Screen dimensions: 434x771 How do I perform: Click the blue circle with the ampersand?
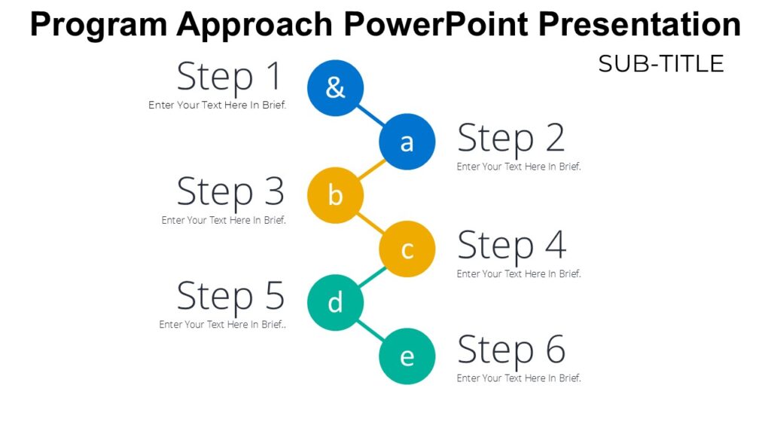pyautogui.click(x=336, y=88)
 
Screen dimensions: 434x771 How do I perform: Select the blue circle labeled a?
pyautogui.click(x=407, y=142)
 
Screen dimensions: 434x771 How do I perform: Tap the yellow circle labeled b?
pyautogui.click(x=336, y=195)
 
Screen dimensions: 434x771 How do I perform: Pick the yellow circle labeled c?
pyautogui.click(x=407, y=249)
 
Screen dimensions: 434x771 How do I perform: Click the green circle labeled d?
pyautogui.click(x=336, y=302)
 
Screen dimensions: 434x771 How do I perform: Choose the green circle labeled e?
pyautogui.click(x=407, y=356)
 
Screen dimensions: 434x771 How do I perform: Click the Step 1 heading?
pyautogui.click(x=229, y=77)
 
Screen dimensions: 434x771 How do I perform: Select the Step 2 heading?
pyautogui.click(x=510, y=139)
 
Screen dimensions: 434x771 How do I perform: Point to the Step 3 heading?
pyautogui.click(x=230, y=192)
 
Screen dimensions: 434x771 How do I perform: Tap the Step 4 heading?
pyautogui.click(x=510, y=246)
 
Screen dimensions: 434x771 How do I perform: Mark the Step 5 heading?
pyautogui.click(x=230, y=296)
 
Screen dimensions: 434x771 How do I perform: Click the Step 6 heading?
pyautogui.click(x=510, y=350)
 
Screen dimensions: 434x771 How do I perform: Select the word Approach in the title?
pyautogui.click(x=257, y=25)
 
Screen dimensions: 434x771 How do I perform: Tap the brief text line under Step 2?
pyautogui.click(x=519, y=167)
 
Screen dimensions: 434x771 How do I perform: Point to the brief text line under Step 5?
pyautogui.click(x=223, y=325)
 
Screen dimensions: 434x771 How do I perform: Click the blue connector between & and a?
pyautogui.click(x=371, y=115)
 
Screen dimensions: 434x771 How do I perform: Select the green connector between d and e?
pyautogui.click(x=371, y=329)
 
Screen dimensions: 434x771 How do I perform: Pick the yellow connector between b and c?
pyautogui.click(x=371, y=222)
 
